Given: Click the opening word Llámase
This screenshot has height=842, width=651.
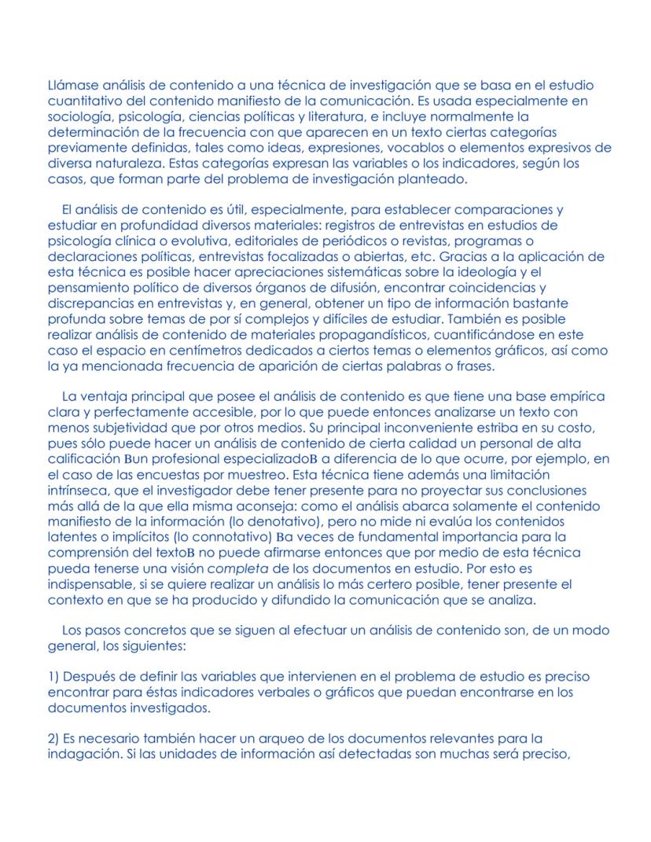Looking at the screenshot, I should [x=70, y=85].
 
